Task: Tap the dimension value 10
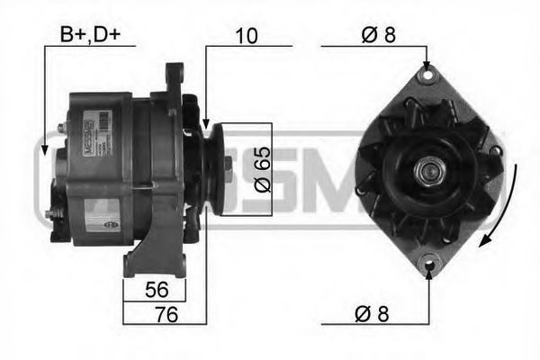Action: point(247,36)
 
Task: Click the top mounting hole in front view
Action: point(427,76)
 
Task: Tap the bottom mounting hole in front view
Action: point(427,267)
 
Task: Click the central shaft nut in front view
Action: point(427,171)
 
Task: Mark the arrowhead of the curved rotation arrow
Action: point(487,239)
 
